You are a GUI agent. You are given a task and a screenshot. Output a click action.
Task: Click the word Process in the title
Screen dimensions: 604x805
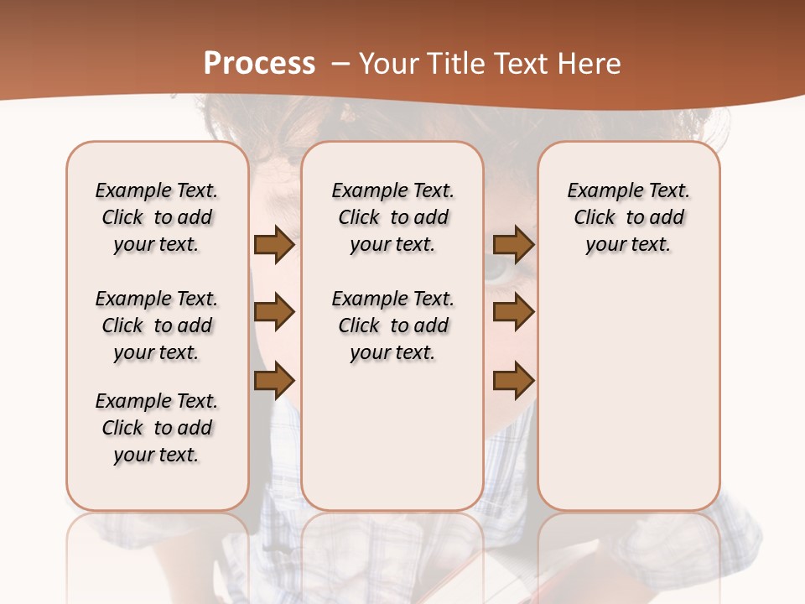259,64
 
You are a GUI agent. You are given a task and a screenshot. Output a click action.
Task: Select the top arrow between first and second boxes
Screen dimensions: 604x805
273,245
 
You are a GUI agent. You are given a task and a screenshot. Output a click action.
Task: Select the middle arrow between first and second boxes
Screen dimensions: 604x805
273,312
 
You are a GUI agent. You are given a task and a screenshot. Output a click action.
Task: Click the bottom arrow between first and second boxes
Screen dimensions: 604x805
273,382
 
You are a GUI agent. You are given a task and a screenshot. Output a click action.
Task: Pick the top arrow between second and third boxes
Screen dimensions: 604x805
513,245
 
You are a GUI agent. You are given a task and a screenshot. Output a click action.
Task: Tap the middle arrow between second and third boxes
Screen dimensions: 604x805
513,312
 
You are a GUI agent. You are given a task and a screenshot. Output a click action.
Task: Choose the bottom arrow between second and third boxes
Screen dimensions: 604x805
513,382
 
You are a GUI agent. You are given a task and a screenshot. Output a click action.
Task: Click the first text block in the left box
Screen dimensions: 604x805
157,217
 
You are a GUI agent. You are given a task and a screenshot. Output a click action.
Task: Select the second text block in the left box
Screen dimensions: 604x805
157,325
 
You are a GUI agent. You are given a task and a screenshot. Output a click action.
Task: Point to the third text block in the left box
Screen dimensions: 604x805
157,428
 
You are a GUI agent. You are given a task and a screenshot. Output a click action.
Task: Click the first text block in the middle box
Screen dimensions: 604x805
392,217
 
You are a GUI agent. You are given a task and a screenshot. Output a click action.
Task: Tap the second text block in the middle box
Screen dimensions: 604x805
392,325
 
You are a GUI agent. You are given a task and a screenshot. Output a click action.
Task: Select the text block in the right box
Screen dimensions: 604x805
629,217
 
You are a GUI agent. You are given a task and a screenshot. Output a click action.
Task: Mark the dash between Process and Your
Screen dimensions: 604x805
340,64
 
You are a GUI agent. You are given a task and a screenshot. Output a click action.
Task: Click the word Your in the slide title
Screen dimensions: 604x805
390,64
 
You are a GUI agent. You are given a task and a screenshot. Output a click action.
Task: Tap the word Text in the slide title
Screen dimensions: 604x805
523,64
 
